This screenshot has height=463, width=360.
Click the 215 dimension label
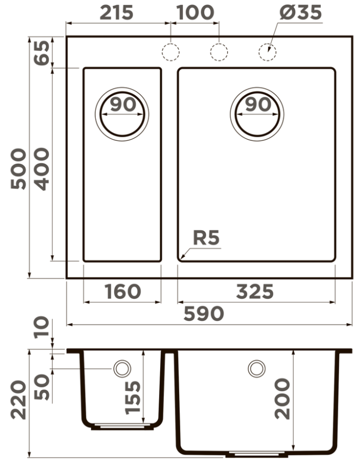pos(117,13)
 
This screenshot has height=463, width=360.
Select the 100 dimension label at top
pos(195,13)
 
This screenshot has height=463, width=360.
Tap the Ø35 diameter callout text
pos(300,13)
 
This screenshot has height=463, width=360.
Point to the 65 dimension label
pos(42,53)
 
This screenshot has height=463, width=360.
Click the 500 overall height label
pos(19,169)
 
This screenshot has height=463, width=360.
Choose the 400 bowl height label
pos(42,169)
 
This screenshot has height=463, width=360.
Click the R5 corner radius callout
pos(206,238)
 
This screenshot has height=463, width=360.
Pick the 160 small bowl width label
pos(123,292)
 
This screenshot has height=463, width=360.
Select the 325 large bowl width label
pos(255,292)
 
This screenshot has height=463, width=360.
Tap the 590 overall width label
pos(204,313)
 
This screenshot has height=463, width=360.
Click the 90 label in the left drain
pos(123,104)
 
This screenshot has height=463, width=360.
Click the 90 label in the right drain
pos(258,104)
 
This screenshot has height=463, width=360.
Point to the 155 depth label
pos(132,398)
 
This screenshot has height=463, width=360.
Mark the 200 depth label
pos(282,399)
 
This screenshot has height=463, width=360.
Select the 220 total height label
pos(19,400)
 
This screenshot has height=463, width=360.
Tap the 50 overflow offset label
pos(42,387)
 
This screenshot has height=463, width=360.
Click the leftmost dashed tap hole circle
pos(170,52)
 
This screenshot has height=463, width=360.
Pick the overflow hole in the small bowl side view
pos(122,368)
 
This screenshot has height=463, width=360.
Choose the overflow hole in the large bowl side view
pos(257,368)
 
